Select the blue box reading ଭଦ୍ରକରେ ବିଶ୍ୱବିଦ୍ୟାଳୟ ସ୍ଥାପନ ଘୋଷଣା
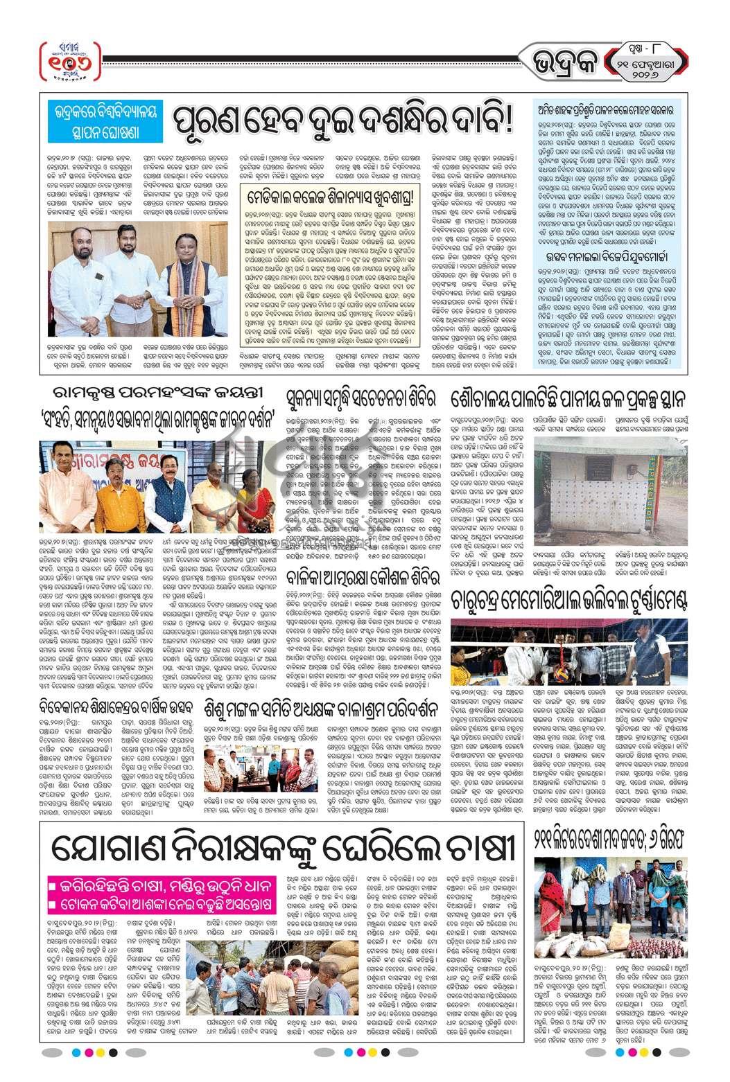(103, 120)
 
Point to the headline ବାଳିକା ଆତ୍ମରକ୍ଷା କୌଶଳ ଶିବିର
(364, 576)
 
